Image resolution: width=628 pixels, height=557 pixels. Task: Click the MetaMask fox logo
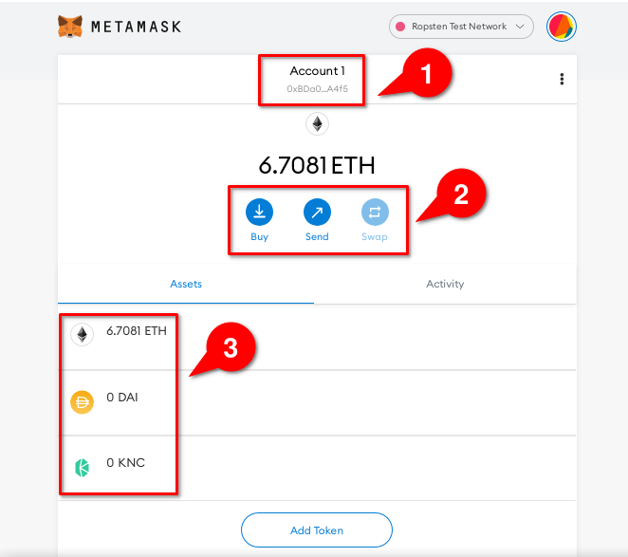coord(70,27)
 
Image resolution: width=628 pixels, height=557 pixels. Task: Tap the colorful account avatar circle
coord(562,27)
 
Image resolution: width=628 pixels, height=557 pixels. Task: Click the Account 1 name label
coord(318,71)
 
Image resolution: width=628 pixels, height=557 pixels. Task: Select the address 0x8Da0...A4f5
coord(318,88)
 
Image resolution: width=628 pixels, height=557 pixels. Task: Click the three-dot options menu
coord(563,79)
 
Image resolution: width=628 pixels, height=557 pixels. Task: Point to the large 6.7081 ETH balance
coord(317,165)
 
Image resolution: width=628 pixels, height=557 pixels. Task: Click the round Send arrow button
coord(317,211)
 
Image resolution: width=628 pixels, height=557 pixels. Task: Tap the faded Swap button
coord(374,211)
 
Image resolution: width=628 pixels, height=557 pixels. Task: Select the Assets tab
coord(186,284)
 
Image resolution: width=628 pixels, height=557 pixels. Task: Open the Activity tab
coord(445,284)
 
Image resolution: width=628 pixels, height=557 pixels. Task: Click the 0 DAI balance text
coord(122,398)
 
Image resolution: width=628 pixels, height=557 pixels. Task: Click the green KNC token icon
coord(83,467)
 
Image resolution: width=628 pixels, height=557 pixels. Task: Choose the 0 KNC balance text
coord(125,463)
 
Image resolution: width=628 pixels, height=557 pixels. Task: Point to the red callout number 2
coord(460,195)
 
